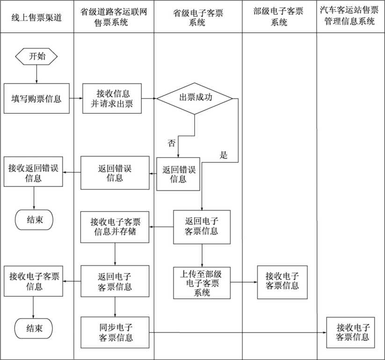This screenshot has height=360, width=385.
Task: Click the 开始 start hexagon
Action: (x=37, y=57)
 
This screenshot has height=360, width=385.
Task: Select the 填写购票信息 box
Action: (x=37, y=99)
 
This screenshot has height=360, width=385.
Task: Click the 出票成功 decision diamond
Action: (x=195, y=98)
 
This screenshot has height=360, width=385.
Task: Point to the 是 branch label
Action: (x=224, y=155)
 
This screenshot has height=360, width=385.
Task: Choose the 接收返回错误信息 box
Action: (x=34, y=173)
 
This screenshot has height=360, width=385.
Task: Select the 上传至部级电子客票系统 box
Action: (x=202, y=283)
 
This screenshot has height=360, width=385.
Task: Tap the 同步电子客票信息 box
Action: (x=115, y=332)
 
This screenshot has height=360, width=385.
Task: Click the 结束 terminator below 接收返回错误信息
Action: (x=34, y=220)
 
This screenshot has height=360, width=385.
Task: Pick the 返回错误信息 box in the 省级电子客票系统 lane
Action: (x=178, y=173)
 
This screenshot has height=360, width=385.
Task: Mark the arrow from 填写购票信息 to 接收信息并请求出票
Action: (x=76, y=99)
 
